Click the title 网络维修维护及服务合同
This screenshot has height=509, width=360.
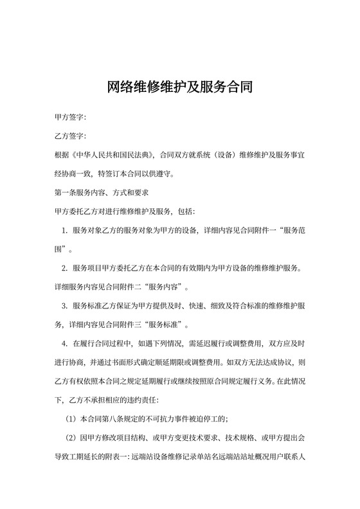179,87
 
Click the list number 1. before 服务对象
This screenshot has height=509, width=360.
65,230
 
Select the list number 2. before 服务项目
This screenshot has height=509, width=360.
65,267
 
